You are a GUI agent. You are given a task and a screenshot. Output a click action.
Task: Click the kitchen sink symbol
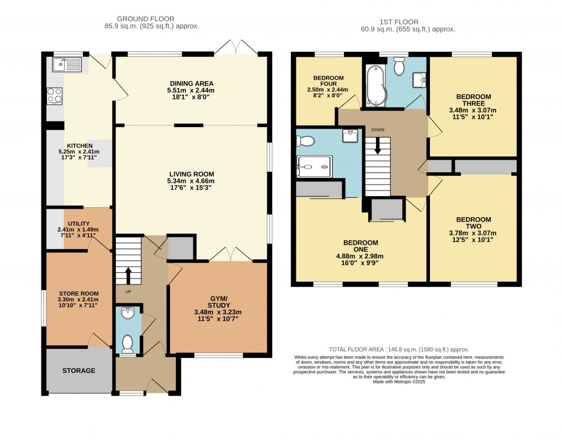pyautogui.click(x=67, y=66)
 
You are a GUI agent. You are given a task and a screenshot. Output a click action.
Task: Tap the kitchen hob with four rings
pyautogui.click(x=55, y=96)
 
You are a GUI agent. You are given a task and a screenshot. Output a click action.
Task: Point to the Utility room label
pyautogui.click(x=79, y=223)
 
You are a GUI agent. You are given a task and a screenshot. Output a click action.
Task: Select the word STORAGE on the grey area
pyautogui.click(x=78, y=371)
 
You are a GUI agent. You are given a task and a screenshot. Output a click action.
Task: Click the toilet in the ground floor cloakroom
pyautogui.click(x=128, y=344)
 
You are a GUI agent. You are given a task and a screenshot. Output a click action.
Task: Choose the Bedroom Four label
pyautogui.click(x=328, y=81)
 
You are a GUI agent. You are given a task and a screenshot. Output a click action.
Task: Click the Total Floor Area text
pyautogui.click(x=399, y=349)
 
